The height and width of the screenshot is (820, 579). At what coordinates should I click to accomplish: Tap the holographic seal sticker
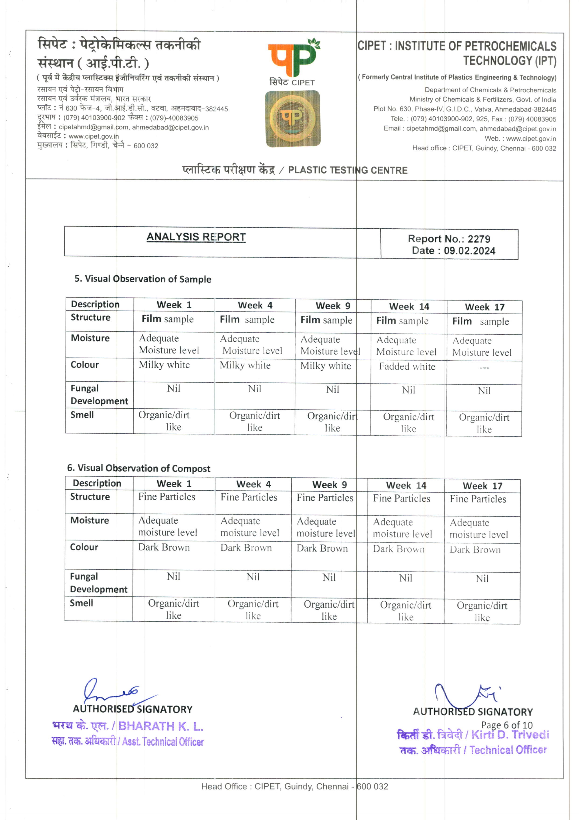pyautogui.click(x=293, y=118)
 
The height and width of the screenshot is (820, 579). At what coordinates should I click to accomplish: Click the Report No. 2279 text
pyautogui.click(x=449, y=239)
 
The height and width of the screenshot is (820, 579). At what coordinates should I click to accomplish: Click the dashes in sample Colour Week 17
pyautogui.click(x=484, y=368)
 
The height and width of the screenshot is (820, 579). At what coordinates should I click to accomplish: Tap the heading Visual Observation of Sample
pyautogui.click(x=143, y=279)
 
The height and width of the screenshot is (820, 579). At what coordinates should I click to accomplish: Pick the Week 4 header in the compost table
pyautogui.click(x=253, y=484)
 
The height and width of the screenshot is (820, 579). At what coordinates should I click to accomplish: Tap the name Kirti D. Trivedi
pyautogui.click(x=510, y=735)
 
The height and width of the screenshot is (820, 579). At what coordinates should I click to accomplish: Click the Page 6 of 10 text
pyautogui.click(x=507, y=725)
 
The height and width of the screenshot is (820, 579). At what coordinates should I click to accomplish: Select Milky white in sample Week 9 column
pyautogui.click(x=325, y=366)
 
